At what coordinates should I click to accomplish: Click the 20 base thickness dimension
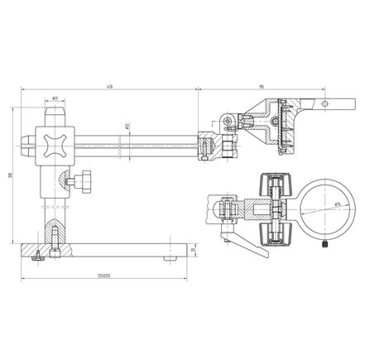[x=194, y=248]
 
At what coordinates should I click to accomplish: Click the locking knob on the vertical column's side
[x=83, y=180]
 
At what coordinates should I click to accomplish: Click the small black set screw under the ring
[x=326, y=244]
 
